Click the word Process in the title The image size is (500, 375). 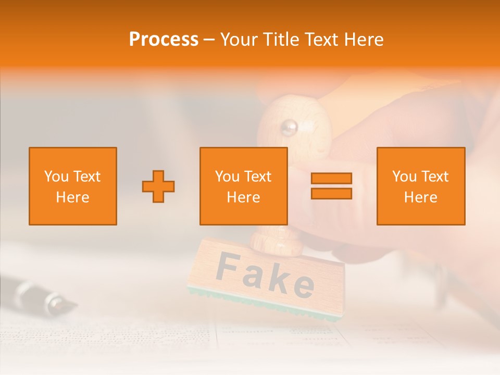pyautogui.click(x=164, y=40)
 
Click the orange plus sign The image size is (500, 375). pyautogui.click(x=158, y=186)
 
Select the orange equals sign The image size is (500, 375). pyautogui.click(x=331, y=186)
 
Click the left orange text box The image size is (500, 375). pyautogui.click(x=73, y=186)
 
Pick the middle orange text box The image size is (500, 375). pyautogui.click(x=244, y=186)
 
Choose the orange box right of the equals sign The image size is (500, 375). pyautogui.click(x=421, y=186)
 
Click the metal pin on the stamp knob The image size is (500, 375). pyautogui.click(x=289, y=127)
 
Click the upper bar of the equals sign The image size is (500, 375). pyautogui.click(x=331, y=179)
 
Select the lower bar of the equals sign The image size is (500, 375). pyautogui.click(x=331, y=193)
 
